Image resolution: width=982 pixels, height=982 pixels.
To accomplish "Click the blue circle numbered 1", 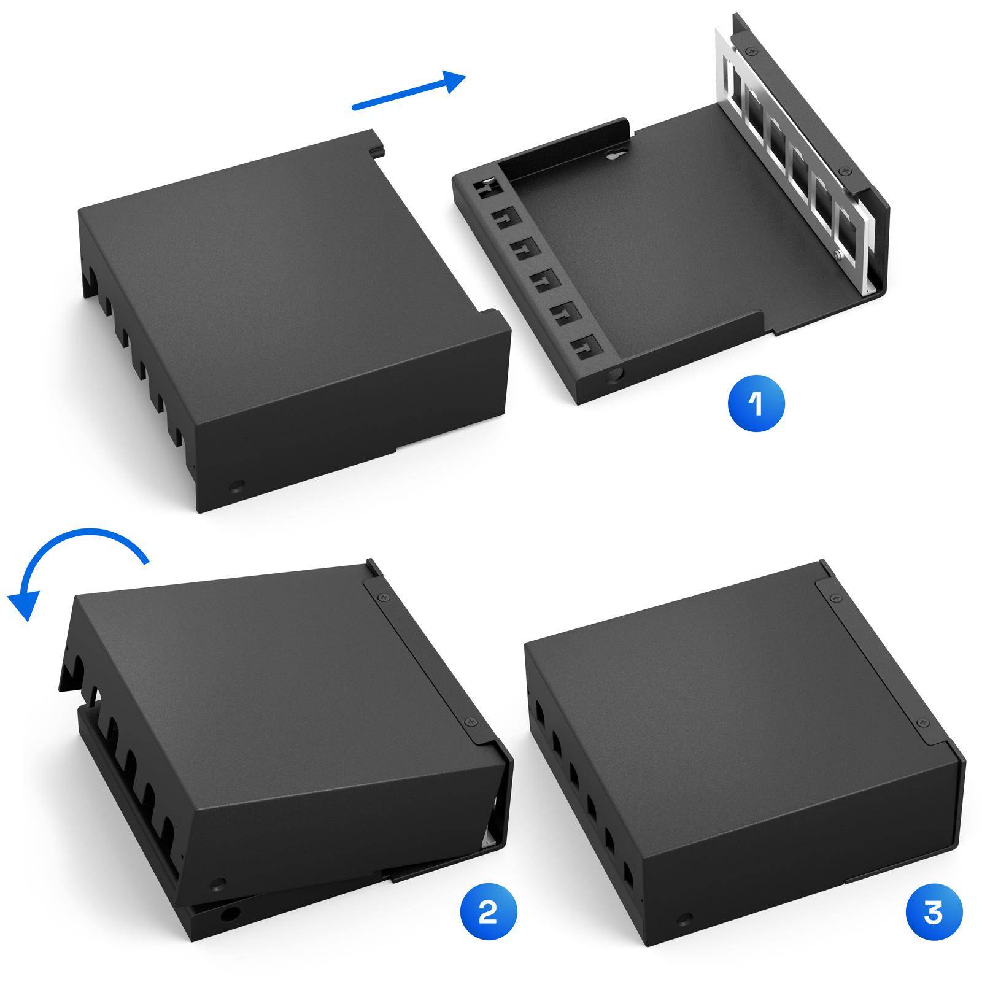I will tap(756, 404).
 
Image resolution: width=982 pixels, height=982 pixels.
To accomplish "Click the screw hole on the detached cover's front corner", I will tap(234, 470).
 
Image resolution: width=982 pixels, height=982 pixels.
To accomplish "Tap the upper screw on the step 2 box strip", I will tap(384, 595).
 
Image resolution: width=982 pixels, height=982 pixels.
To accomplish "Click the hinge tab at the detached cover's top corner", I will tap(376, 146).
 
